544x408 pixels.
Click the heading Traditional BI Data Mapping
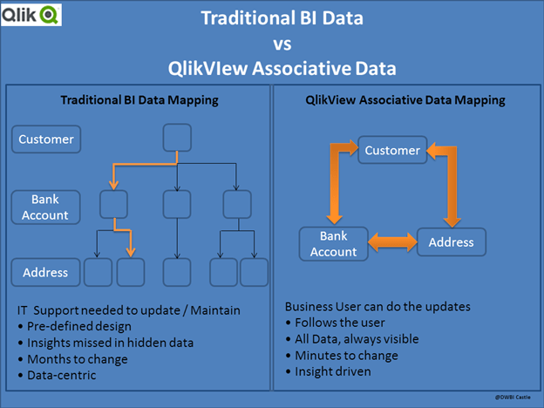pyautogui.click(x=140, y=100)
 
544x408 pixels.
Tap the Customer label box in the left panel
pyautogui.click(x=46, y=138)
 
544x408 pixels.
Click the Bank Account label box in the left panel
pyautogui.click(x=46, y=207)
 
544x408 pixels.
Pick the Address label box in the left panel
pyautogui.click(x=46, y=273)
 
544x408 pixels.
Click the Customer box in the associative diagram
pyautogui.click(x=392, y=150)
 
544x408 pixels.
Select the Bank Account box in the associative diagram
pyautogui.click(x=333, y=243)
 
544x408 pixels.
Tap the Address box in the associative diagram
pyautogui.click(x=451, y=242)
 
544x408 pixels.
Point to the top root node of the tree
pyautogui.click(x=178, y=137)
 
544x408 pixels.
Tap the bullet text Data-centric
pyautogui.click(x=67, y=375)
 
